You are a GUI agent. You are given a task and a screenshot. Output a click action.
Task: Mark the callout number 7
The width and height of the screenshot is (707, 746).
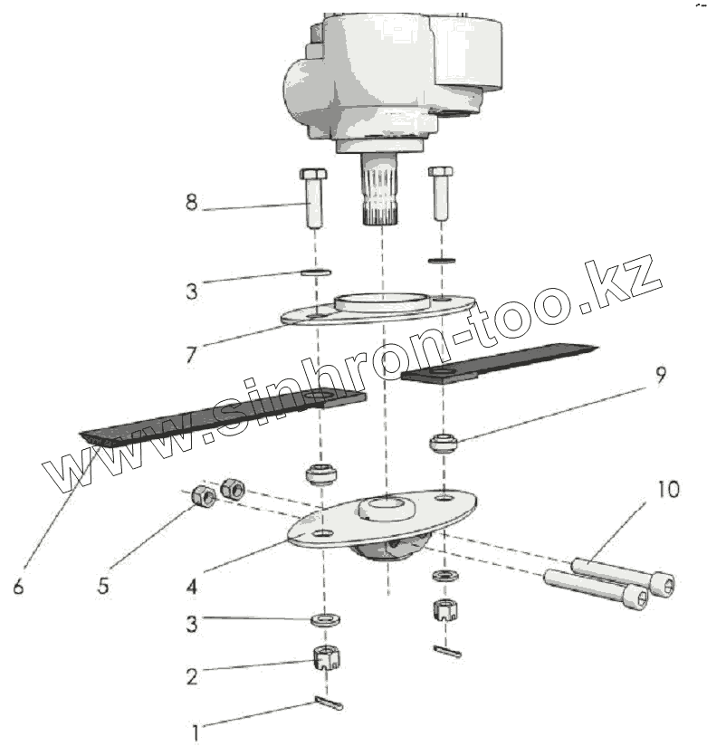(x=191, y=353)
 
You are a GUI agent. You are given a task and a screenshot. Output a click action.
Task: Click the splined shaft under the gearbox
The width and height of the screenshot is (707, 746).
(x=380, y=191)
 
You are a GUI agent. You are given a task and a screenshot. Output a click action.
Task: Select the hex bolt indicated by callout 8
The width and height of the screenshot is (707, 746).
(x=312, y=196)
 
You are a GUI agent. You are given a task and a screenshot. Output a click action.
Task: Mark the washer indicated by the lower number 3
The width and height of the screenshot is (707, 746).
(x=322, y=619)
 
